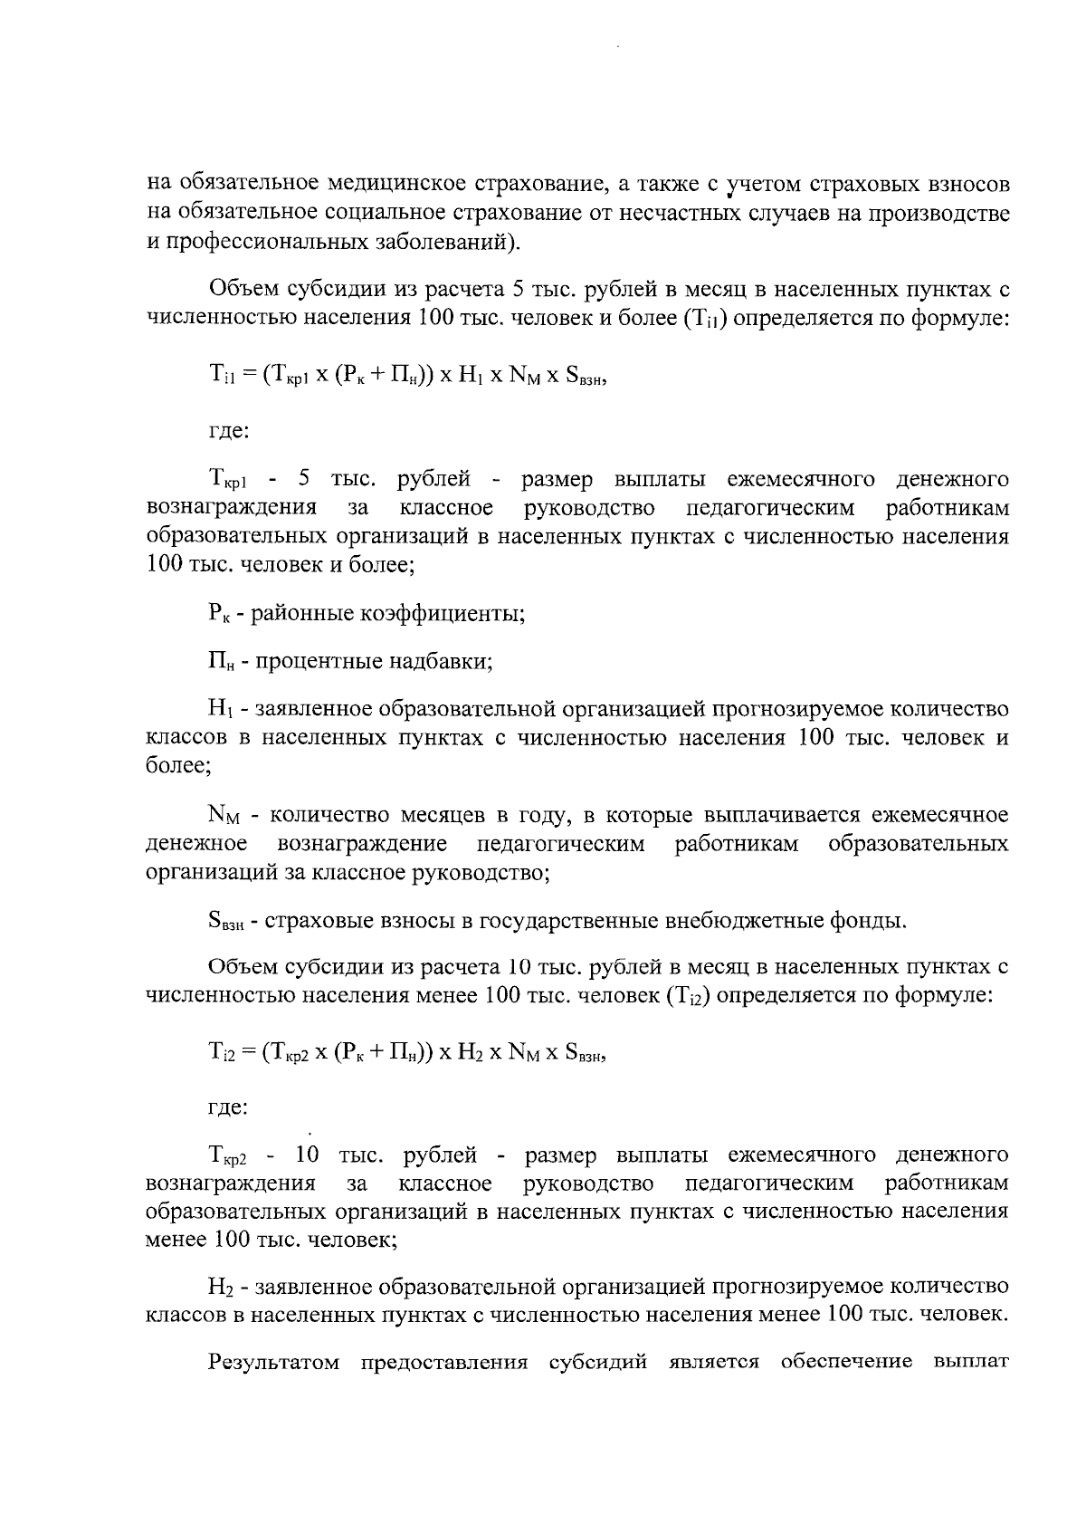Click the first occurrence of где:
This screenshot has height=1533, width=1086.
coord(228,433)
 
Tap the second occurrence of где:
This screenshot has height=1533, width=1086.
coord(228,1107)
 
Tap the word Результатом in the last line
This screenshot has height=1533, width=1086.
coord(274,1388)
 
